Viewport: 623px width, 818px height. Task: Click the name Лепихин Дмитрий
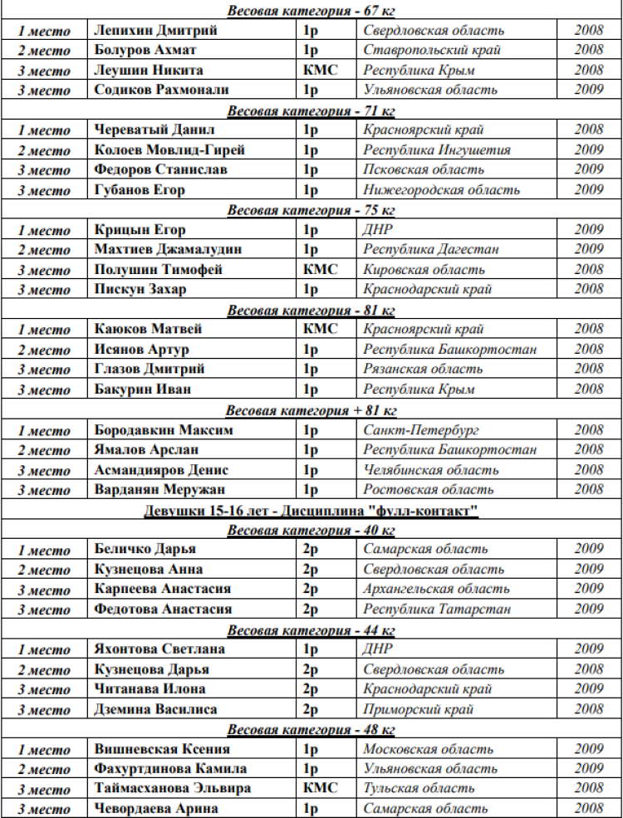[156, 31]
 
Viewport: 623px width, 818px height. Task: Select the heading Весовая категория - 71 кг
[311, 110]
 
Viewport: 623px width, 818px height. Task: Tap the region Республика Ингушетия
[437, 150]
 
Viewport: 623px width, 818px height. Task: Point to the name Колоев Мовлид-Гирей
[169, 150]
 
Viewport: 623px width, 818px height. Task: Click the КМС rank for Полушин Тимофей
[320, 270]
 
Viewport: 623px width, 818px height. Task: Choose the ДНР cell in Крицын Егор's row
[378, 230]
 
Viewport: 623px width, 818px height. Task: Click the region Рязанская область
[423, 370]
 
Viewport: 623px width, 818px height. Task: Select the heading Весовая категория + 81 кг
[311, 410]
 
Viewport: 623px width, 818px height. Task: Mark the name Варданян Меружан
[159, 490]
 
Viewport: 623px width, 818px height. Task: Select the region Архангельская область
[436, 590]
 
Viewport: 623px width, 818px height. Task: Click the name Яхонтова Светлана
[159, 649]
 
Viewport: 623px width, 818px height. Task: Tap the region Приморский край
[419, 709]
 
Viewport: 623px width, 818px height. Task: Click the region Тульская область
[419, 789]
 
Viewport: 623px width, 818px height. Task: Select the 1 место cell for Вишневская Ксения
[45, 750]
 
